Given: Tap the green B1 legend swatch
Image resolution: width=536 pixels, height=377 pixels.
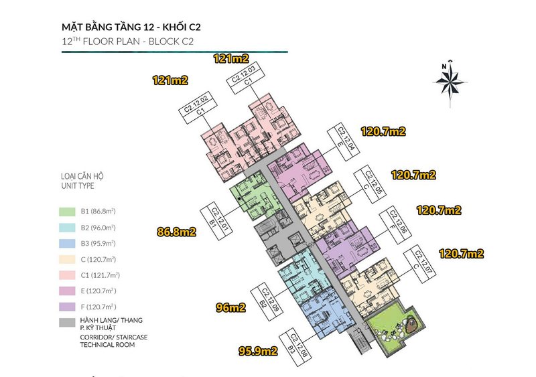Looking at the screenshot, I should (x=67, y=211).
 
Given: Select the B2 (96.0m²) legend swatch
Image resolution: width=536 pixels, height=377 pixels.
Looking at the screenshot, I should (x=67, y=227).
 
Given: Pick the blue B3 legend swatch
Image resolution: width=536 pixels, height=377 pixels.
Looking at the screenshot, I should (x=67, y=243).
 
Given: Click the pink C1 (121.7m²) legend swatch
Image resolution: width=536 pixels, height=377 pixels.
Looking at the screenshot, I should (x=67, y=275).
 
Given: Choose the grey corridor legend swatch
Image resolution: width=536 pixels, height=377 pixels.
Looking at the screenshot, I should (x=67, y=323).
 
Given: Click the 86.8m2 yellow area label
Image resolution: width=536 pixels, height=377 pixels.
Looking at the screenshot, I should (x=176, y=233).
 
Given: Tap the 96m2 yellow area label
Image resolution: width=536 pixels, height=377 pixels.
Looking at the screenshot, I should (x=230, y=308).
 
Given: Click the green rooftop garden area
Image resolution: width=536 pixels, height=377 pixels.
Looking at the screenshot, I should (x=395, y=328).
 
